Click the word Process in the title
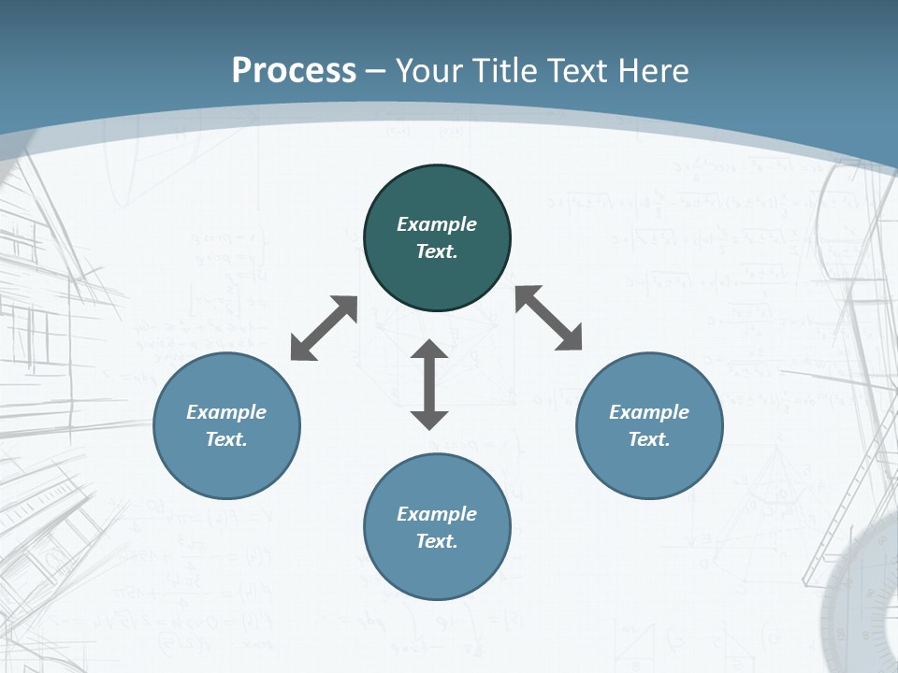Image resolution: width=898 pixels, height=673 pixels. [294, 71]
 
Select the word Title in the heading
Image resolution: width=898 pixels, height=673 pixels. [503, 71]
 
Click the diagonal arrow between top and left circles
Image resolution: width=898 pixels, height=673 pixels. [324, 328]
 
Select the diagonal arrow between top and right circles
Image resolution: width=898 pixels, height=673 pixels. [549, 319]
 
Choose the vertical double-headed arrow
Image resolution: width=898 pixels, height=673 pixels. [429, 384]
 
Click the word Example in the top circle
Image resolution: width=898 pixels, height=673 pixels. [437, 224]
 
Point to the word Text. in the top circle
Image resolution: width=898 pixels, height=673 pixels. [437, 251]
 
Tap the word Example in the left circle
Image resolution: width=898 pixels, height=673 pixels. [226, 412]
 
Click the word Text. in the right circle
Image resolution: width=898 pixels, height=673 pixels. [649, 439]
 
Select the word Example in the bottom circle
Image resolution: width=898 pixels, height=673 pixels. [437, 514]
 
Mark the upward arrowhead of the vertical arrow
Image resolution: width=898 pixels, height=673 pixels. [429, 350]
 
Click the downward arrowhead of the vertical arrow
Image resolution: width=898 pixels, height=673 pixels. [429, 419]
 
